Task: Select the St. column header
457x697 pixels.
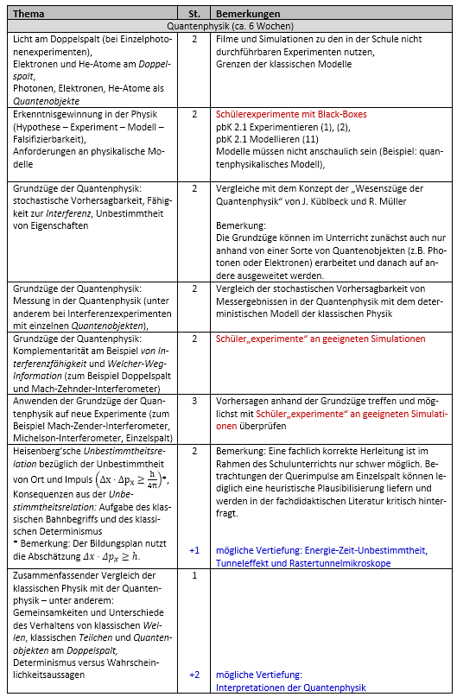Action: coord(194,15)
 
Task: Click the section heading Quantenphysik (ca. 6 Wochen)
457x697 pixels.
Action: coord(228,27)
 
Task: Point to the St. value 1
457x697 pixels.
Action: coord(194,574)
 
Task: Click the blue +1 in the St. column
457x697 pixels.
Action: coord(194,550)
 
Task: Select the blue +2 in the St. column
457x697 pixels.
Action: coord(194,675)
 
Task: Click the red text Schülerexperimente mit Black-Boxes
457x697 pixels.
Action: coord(291,113)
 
